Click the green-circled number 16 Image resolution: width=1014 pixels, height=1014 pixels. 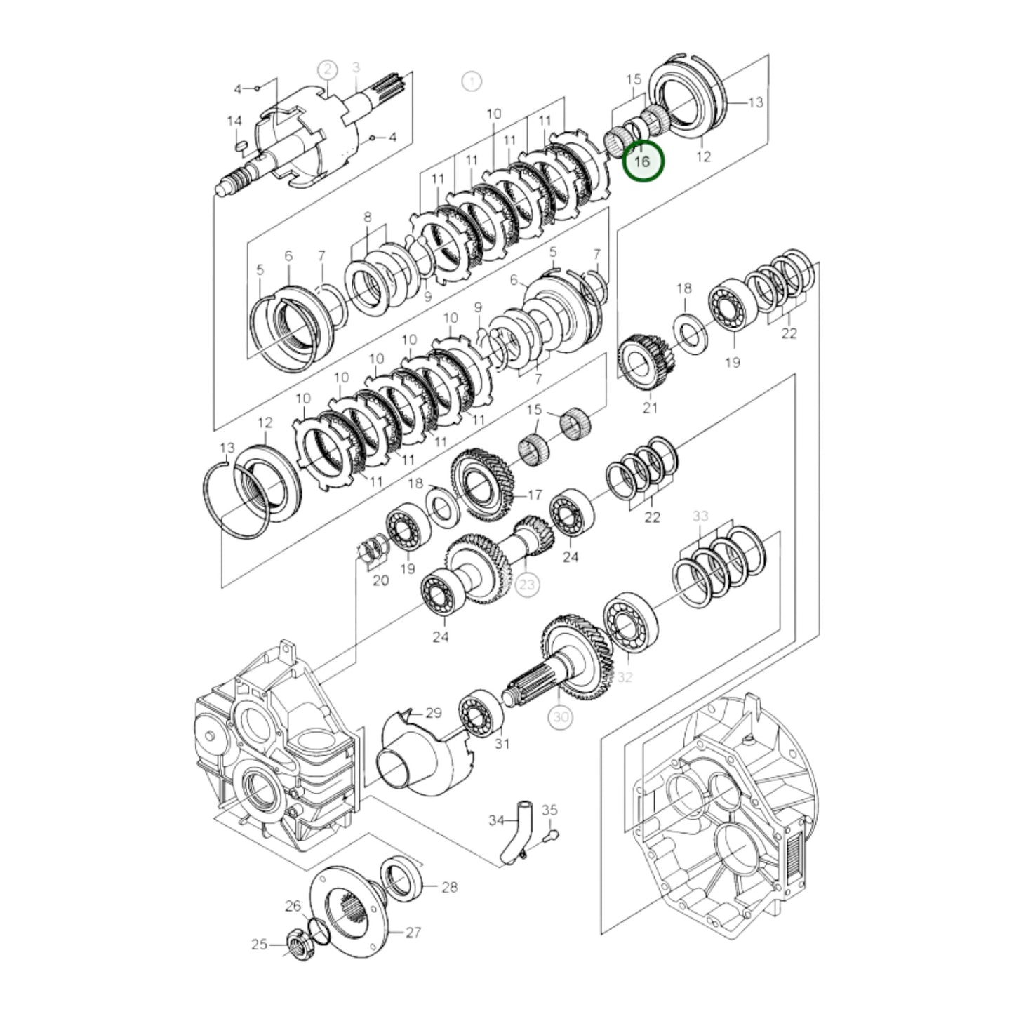point(642,161)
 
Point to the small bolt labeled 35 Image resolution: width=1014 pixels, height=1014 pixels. point(552,834)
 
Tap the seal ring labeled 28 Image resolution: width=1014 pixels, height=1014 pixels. point(401,876)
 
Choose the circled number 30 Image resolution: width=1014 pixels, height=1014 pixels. point(560,716)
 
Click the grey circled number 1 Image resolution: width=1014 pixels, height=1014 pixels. point(472,81)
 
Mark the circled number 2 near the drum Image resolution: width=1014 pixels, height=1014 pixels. point(327,69)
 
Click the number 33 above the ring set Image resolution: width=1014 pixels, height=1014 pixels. point(700,516)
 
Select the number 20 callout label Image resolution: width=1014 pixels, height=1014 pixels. point(380,580)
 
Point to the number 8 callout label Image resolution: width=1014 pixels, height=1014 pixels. point(367,218)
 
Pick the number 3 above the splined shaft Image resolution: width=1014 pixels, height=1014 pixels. point(356,67)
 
